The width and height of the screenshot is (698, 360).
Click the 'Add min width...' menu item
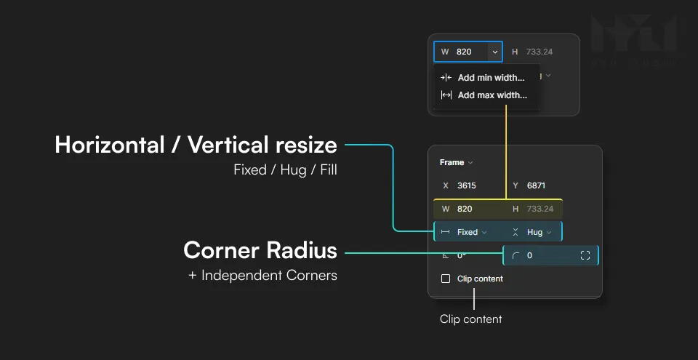click(x=491, y=78)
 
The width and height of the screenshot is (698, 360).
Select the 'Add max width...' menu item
click(x=492, y=95)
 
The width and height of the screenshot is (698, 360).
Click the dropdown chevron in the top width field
click(x=494, y=52)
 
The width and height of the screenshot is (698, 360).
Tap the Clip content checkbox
click(x=446, y=279)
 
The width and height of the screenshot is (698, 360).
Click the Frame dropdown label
click(x=456, y=162)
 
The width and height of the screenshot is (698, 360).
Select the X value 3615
click(x=466, y=185)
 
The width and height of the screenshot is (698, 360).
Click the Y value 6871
click(x=536, y=185)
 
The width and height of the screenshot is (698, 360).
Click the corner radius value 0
click(x=529, y=255)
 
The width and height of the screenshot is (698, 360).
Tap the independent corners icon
click(x=585, y=255)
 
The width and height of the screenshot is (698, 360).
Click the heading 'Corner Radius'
click(x=260, y=250)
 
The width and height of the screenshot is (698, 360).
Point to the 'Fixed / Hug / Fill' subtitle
click(x=285, y=171)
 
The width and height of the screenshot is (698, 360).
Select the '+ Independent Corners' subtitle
click(x=262, y=276)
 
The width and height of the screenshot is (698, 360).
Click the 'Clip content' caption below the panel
click(x=470, y=319)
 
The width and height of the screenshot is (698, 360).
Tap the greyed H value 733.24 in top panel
click(x=539, y=52)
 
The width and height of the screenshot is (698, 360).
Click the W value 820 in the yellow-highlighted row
click(x=464, y=209)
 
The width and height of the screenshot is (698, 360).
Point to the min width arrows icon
click(x=446, y=78)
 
